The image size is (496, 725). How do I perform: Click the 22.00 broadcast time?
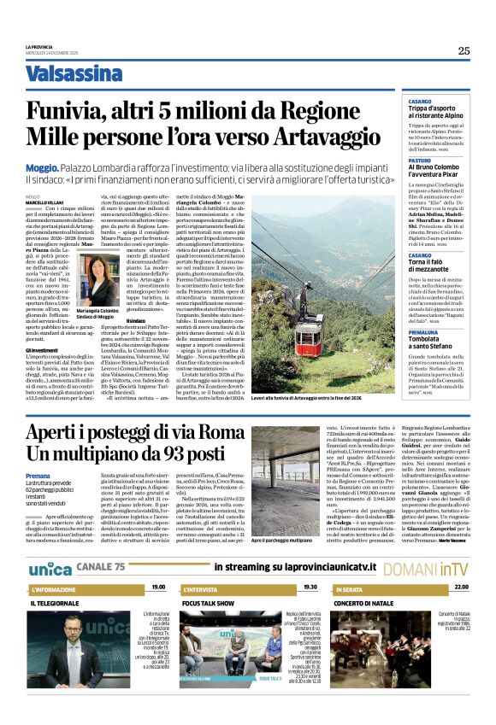pos(461,588)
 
